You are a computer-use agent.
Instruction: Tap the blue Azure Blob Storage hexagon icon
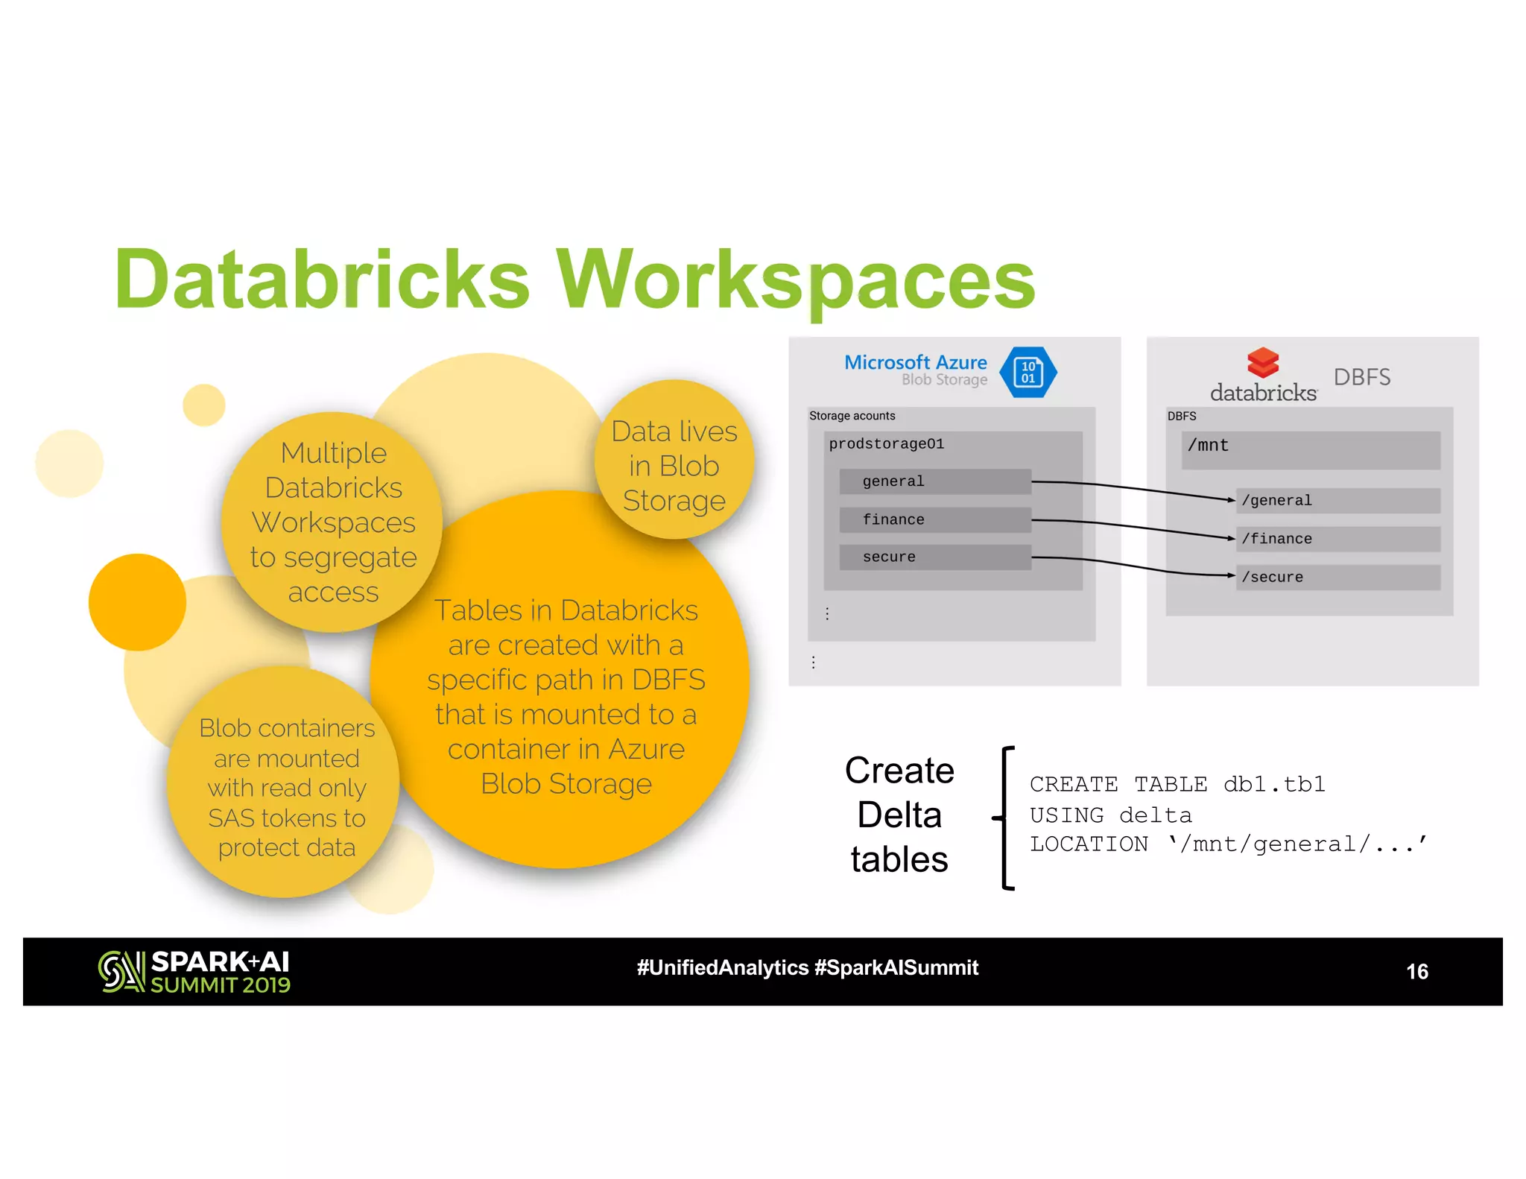point(1028,372)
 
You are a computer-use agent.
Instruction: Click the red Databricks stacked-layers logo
point(1263,363)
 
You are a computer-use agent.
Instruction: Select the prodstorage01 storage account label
point(887,444)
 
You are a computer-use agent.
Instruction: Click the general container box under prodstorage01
point(934,481)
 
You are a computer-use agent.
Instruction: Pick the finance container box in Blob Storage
point(934,519)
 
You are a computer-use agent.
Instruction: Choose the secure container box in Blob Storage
point(934,557)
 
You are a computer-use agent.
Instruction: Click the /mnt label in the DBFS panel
point(1208,446)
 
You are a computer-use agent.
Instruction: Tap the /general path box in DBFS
point(1337,501)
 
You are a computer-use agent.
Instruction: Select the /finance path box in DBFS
point(1337,539)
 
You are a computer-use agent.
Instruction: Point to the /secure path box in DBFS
point(1337,577)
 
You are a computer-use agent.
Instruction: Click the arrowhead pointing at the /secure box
point(1231,575)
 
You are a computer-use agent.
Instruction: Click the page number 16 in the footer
point(1416,971)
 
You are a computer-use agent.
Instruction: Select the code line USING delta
point(1110,815)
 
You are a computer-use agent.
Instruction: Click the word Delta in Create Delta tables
point(899,815)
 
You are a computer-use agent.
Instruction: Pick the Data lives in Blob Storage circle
point(674,460)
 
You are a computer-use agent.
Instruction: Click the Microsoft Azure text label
point(915,362)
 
